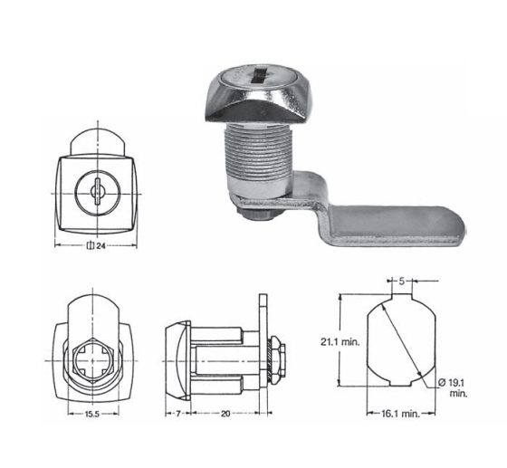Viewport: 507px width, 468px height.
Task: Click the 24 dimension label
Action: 100,246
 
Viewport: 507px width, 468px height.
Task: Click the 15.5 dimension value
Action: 92,414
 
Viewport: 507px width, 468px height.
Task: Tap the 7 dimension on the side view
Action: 177,414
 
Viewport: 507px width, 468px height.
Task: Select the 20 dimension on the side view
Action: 225,414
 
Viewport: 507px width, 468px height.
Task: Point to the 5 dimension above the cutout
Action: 401,282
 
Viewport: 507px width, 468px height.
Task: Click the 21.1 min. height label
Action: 340,342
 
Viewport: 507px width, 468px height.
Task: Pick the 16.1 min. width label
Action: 400,414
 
